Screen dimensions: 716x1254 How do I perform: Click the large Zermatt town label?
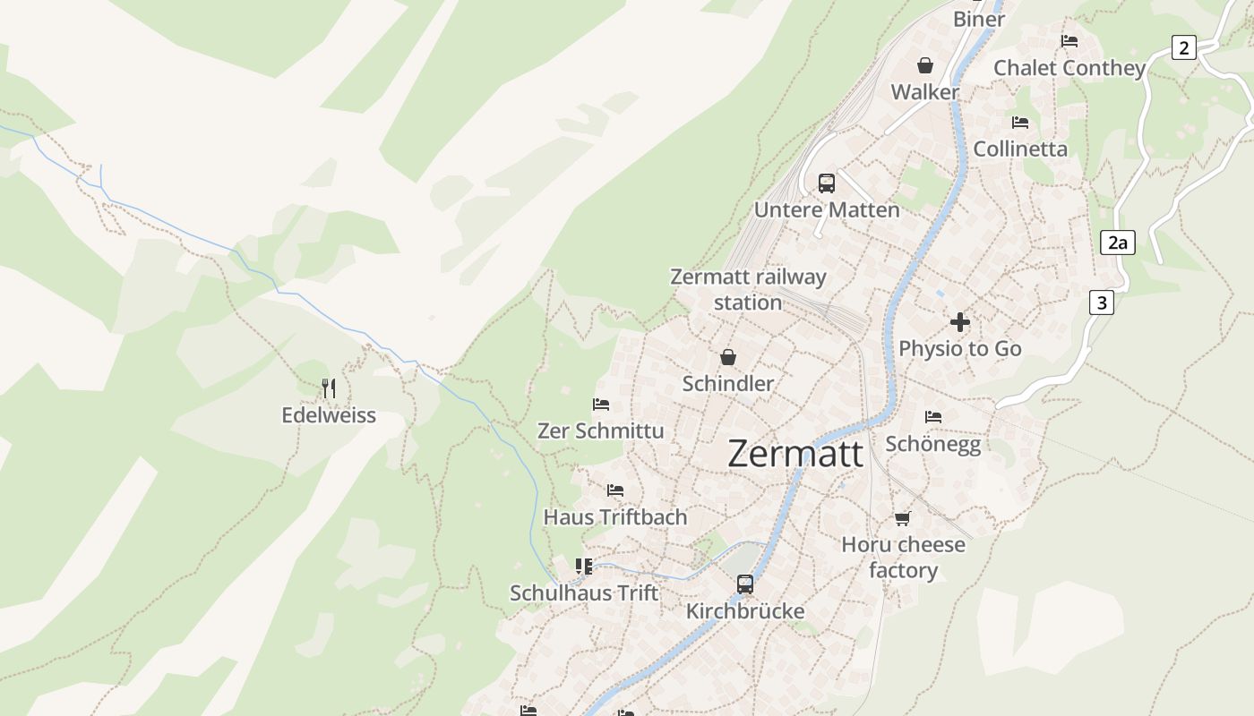click(x=795, y=454)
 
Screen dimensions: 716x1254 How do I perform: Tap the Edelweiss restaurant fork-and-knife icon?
click(x=329, y=388)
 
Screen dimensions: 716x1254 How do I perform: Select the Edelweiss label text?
click(x=329, y=415)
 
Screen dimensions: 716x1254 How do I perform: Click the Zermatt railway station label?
click(x=748, y=289)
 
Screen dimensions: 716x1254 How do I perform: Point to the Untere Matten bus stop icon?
click(x=826, y=183)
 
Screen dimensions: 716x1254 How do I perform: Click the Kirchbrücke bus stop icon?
click(x=744, y=584)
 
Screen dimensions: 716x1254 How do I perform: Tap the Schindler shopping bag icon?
click(x=728, y=357)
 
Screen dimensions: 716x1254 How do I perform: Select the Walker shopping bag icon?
click(x=924, y=65)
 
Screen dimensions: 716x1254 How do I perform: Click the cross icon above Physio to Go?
click(x=960, y=322)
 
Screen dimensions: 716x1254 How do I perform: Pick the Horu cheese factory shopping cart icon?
click(x=902, y=518)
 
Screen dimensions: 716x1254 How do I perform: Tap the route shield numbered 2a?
click(x=1117, y=242)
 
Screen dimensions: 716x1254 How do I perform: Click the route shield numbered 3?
click(x=1101, y=303)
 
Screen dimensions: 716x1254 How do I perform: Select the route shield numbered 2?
click(x=1183, y=47)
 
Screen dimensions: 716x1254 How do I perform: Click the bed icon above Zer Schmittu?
click(x=601, y=405)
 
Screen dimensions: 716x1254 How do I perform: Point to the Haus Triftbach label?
click(x=615, y=517)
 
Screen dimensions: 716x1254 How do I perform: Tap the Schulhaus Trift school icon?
click(x=584, y=566)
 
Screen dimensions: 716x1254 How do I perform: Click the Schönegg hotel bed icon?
click(x=933, y=416)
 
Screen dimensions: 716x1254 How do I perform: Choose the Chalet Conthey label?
click(x=1069, y=68)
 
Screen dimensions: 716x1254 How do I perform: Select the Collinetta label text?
click(x=1020, y=149)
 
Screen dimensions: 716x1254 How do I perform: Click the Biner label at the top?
click(x=979, y=19)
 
